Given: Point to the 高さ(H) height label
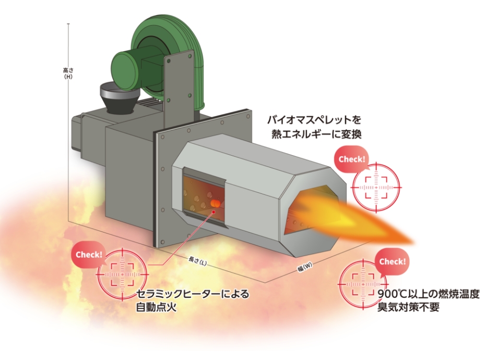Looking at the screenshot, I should pyautogui.click(x=67, y=73).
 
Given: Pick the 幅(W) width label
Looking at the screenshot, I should pyautogui.click(x=305, y=269).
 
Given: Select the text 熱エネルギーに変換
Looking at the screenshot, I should pyautogui.click(x=316, y=133).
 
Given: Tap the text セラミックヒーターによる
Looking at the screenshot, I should pyautogui.click(x=192, y=294).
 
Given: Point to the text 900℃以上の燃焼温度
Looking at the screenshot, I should pyautogui.click(x=429, y=294).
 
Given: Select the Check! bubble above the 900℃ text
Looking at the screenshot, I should pyautogui.click(x=392, y=261).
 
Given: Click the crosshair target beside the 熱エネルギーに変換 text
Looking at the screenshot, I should pyautogui.click(x=377, y=186).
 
